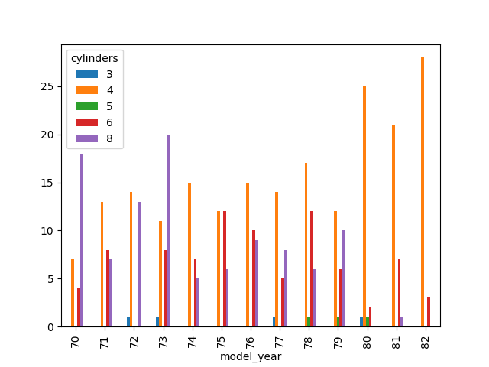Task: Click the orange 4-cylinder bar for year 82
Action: point(422,192)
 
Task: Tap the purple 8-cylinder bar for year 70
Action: point(82,240)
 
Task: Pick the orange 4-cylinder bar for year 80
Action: point(364,206)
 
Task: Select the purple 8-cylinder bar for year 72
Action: point(140,265)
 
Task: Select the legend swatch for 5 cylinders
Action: point(86,106)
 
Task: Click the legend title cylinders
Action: point(95,58)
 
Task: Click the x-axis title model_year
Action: point(251,356)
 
